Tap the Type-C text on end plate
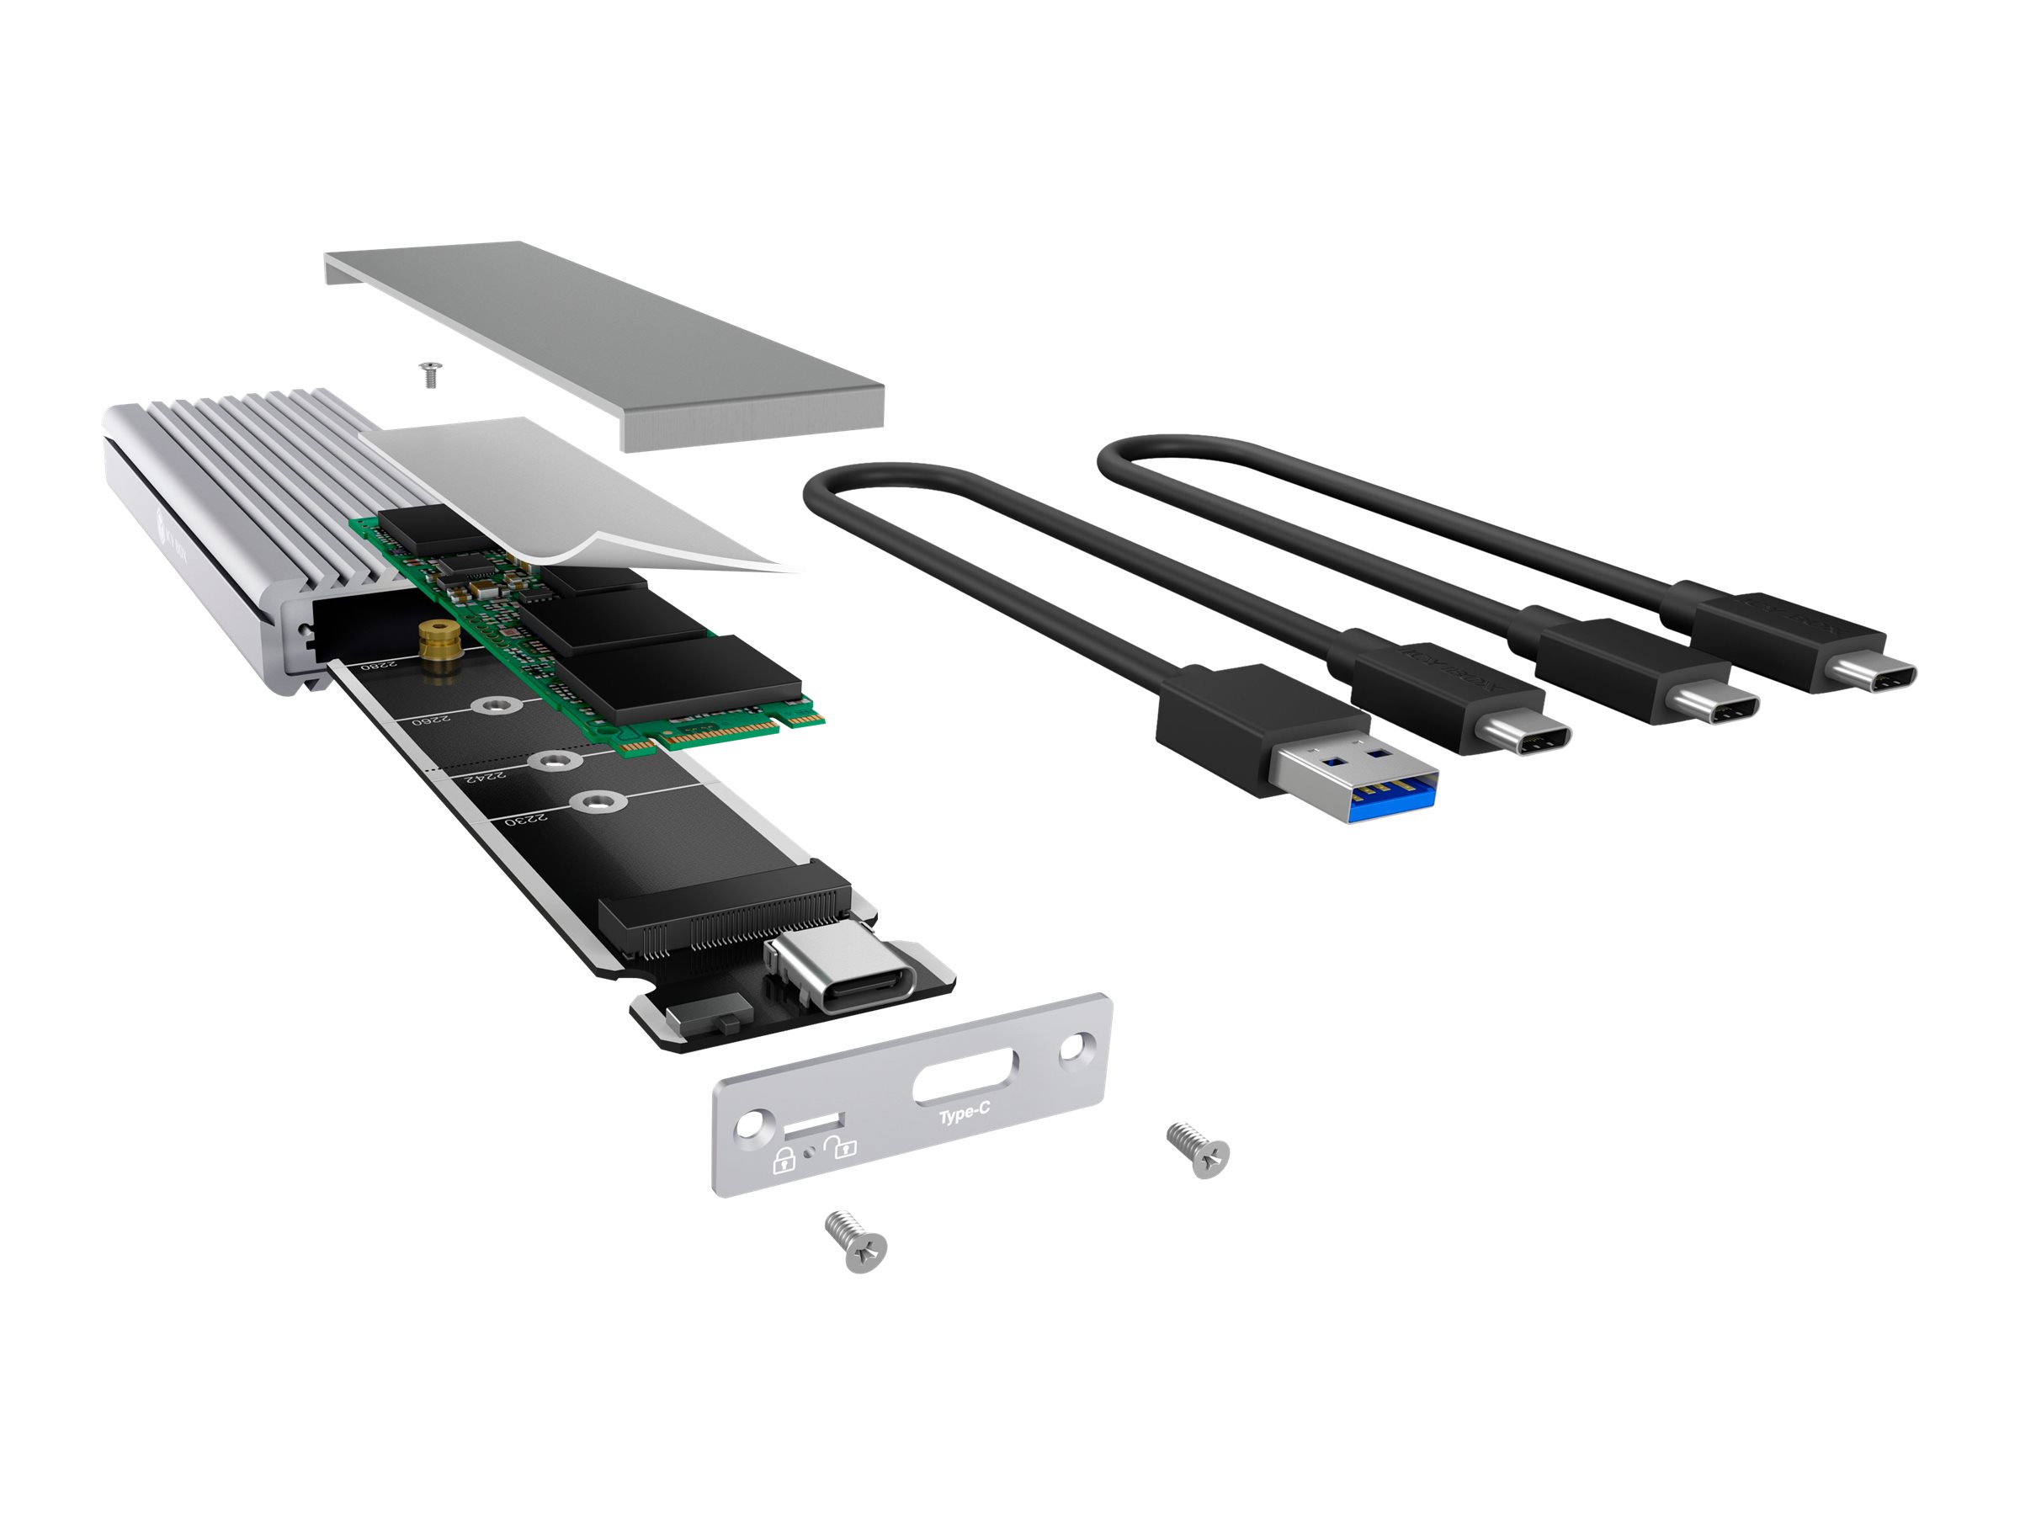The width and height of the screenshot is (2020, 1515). [965, 1115]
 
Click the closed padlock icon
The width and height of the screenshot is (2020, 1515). [784, 1161]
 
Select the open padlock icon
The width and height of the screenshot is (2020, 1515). [840, 1147]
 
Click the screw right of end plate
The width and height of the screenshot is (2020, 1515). [1200, 1150]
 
